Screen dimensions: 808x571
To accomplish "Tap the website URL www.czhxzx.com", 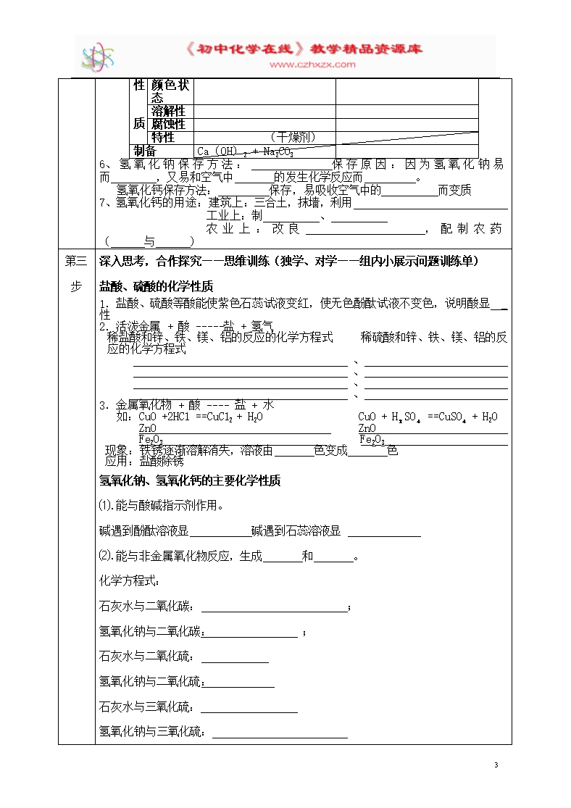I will [x=313, y=64].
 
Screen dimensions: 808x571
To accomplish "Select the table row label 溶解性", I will [x=168, y=111].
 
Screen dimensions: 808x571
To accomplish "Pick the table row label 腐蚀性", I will [x=168, y=124].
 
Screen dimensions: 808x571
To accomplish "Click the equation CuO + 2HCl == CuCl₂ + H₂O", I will [x=201, y=417].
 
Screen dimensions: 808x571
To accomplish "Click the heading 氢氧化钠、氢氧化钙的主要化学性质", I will [x=189, y=480].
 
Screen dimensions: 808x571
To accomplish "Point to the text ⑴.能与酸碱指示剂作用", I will [x=161, y=505].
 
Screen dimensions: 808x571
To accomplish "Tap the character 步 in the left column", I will [x=75, y=286].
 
